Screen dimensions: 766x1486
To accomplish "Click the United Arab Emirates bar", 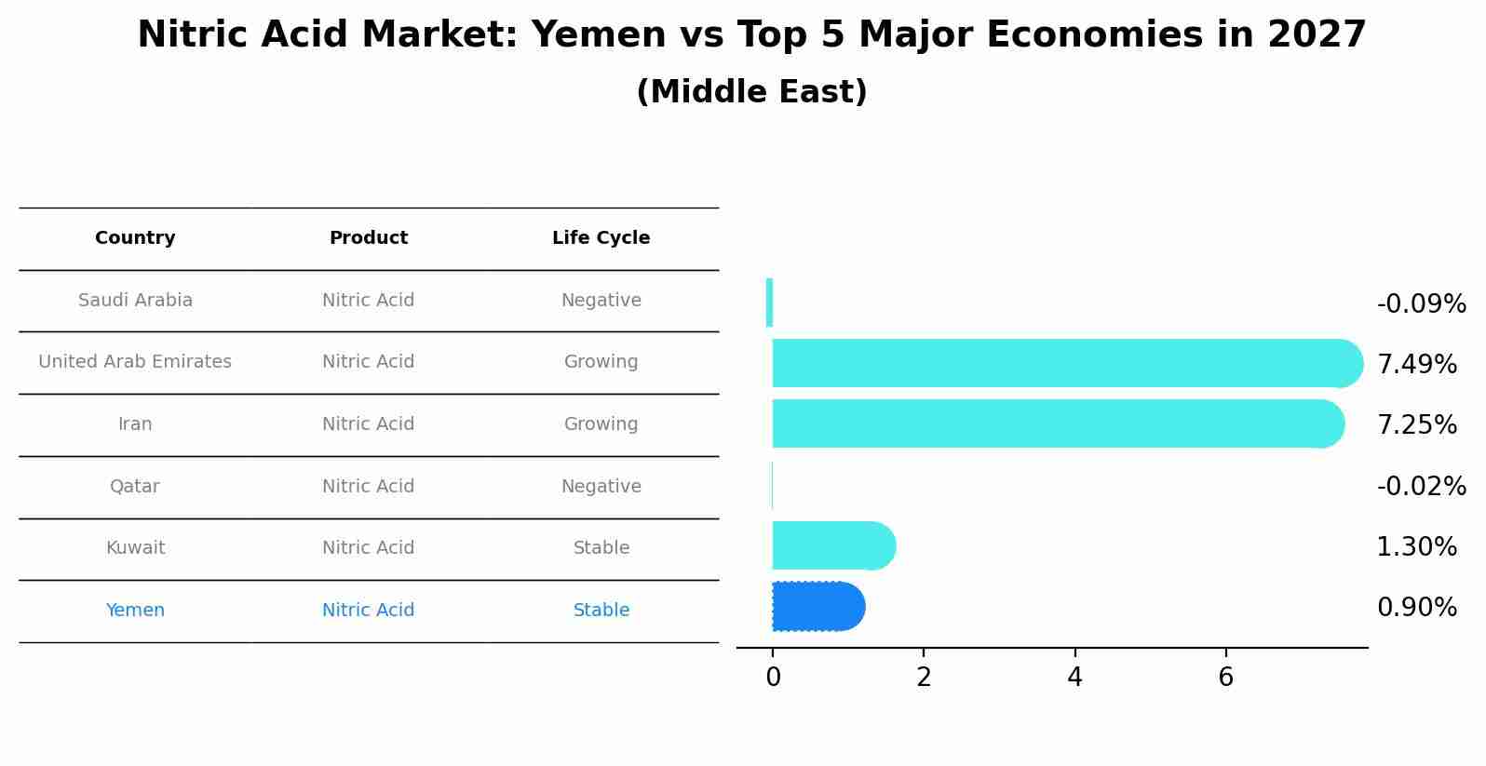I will coord(1061,363).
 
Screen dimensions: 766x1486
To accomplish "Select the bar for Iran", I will coord(1052,423).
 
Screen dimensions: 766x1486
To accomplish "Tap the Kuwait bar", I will coord(831,545).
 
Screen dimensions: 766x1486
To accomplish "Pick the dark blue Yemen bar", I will coord(817,606).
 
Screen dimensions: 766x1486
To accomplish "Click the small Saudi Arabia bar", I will coord(769,302).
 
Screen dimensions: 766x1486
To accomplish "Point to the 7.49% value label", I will coord(1416,364).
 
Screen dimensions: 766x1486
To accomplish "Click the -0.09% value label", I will coord(1421,304).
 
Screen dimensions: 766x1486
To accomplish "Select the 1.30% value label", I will coord(1416,546).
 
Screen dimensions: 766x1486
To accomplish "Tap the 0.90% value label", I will coord(1416,608).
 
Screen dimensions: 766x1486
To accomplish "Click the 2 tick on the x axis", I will coord(924,678).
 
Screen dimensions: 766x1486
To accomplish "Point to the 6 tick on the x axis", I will coord(1225,678).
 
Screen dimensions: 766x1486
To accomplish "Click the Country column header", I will coord(135,238).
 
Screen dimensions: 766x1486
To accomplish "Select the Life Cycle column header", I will coord(601,238).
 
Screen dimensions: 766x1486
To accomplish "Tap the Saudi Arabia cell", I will coord(135,301).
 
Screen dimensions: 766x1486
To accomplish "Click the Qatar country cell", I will coord(135,487).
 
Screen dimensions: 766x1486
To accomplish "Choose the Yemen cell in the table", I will coord(135,611).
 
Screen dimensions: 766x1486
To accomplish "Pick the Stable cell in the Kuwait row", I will coord(601,548).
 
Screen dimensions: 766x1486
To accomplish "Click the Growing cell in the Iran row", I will coord(601,424).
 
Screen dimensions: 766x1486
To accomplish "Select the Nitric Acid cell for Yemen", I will coord(368,611).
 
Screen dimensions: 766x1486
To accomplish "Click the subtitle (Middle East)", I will coord(751,92).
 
